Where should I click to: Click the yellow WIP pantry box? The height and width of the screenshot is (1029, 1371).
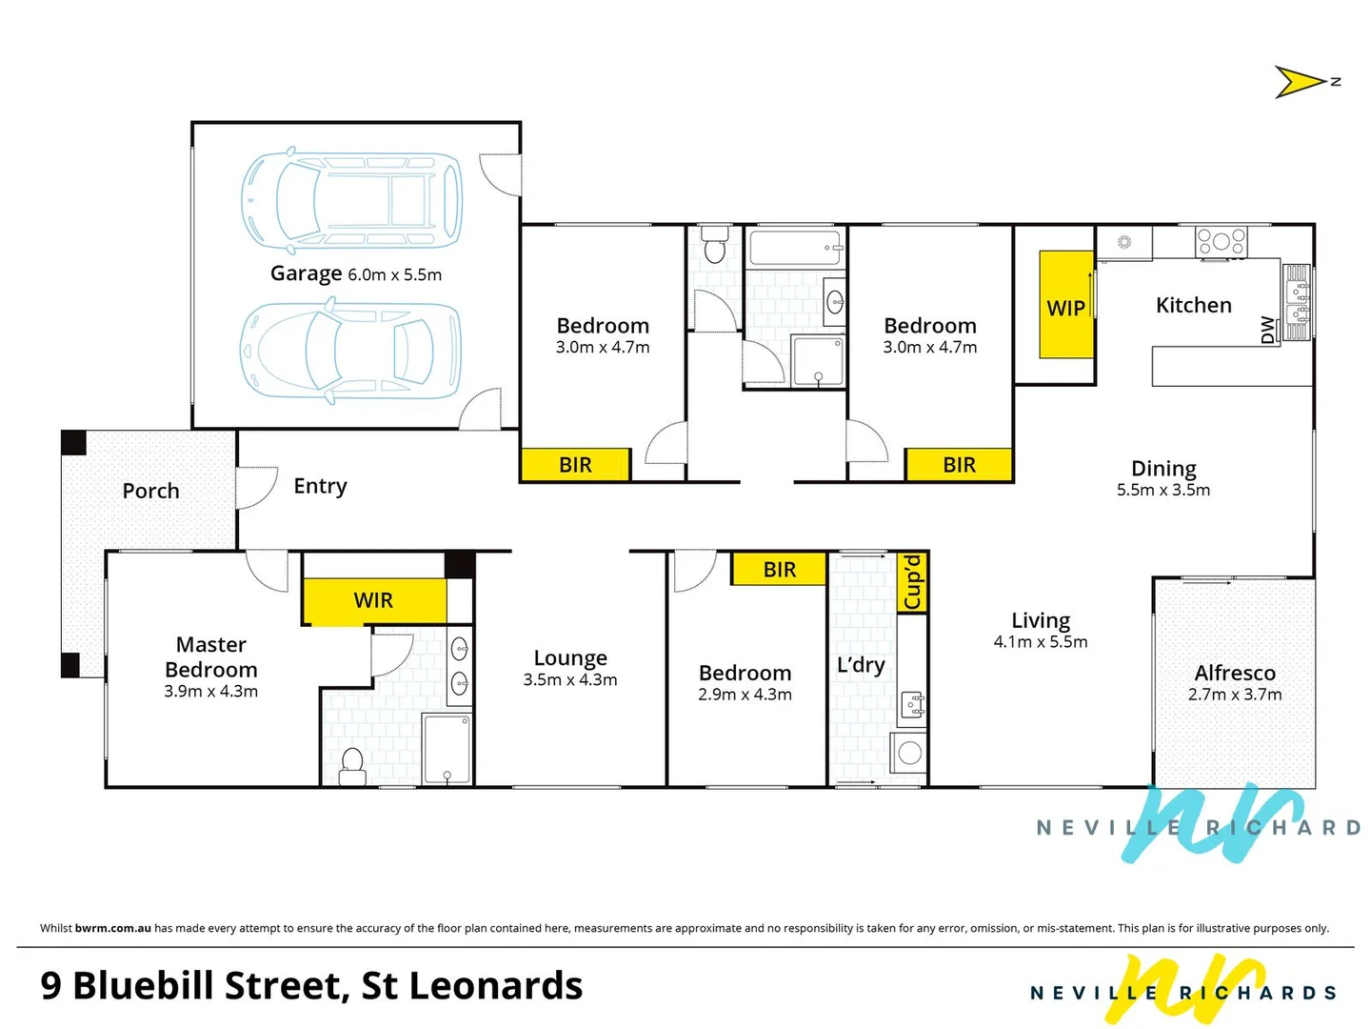tap(1065, 305)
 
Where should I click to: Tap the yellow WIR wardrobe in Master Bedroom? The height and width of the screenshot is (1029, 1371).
tap(374, 601)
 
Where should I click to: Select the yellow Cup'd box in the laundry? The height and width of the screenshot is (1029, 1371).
tap(913, 582)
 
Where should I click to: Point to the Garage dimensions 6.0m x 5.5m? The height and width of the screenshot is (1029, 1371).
tap(394, 275)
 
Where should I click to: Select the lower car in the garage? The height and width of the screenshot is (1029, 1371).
tap(350, 351)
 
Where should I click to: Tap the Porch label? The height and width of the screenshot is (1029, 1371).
tap(150, 491)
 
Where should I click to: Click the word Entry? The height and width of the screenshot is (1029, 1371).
tap(320, 486)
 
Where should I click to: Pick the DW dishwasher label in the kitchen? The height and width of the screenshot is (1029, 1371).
tap(1267, 330)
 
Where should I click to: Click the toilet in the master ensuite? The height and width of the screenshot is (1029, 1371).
tap(352, 765)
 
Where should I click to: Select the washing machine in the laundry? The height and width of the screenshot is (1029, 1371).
tap(909, 754)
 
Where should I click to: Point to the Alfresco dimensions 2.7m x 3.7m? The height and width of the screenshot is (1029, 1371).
tap(1235, 695)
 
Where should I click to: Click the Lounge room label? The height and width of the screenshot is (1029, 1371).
tap(570, 658)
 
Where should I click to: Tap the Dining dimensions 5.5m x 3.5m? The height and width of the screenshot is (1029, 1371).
tap(1163, 490)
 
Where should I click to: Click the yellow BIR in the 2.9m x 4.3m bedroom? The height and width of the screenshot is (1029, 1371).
tap(779, 570)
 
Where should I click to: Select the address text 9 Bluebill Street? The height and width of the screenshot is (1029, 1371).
tap(189, 985)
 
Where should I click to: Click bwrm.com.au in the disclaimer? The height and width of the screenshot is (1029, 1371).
tap(112, 928)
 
